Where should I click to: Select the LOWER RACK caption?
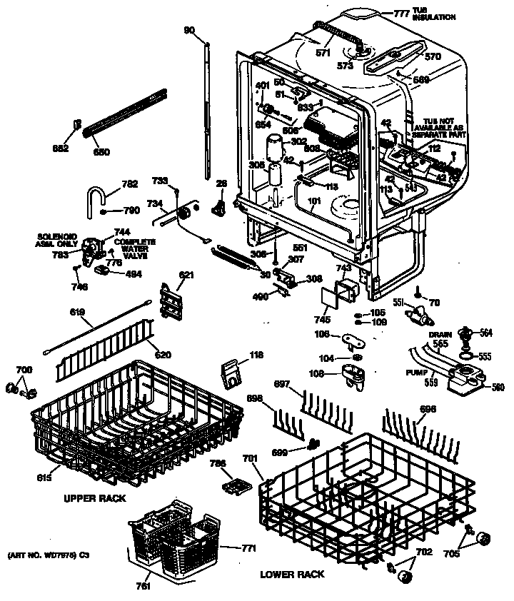coord(292,574)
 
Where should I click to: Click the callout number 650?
coord(102,152)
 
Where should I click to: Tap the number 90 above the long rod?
coord(189,29)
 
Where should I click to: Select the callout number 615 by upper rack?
coord(44,478)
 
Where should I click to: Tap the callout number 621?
coord(187,274)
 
